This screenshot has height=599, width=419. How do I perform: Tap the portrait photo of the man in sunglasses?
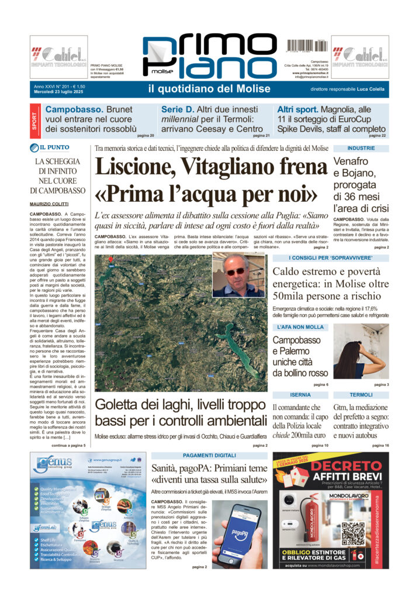238,274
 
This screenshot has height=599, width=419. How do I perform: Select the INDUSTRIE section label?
361,149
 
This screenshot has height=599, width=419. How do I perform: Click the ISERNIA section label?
300,395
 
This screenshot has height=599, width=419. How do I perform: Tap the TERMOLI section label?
361,395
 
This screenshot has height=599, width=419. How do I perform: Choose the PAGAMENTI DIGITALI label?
209,456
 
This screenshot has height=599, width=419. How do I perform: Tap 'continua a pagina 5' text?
68,446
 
